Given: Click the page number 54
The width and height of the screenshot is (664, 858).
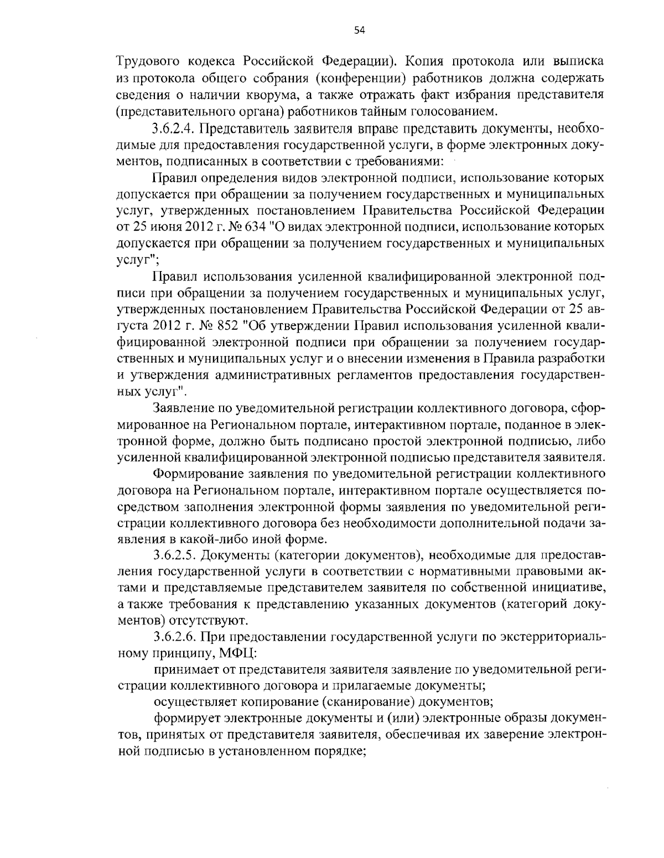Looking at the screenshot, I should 359,30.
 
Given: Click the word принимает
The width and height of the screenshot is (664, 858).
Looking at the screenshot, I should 185,670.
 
